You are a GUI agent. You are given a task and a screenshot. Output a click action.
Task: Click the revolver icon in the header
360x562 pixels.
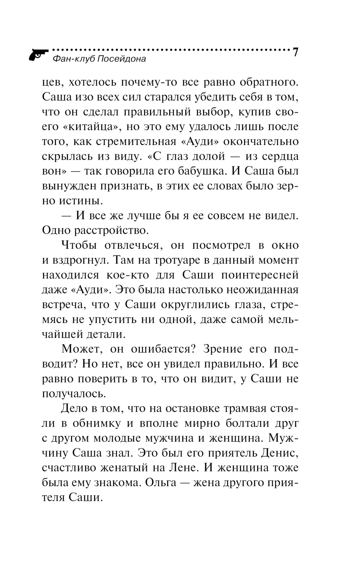coord(38,54)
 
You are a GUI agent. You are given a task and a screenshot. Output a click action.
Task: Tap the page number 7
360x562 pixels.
coord(295,53)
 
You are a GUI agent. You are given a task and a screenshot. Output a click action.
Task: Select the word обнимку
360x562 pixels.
coord(95,423)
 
